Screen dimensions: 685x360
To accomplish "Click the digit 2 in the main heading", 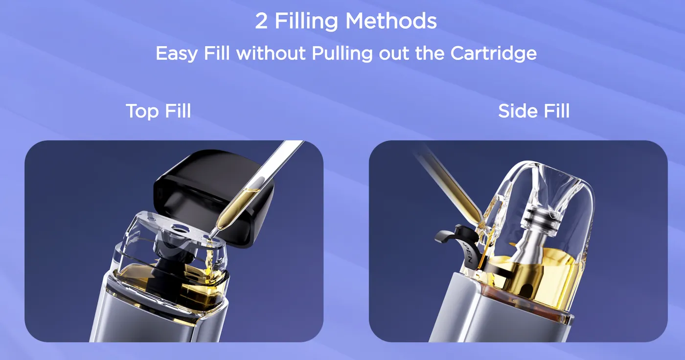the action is (261, 21).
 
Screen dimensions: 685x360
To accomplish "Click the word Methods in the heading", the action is (391, 21).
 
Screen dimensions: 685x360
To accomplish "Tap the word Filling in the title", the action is (306, 22).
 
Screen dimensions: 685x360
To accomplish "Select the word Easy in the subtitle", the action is (177, 54).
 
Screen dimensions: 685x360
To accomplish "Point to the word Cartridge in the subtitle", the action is (494, 54).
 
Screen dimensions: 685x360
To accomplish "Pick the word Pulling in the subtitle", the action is (342, 54).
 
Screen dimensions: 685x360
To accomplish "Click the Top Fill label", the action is (159, 111).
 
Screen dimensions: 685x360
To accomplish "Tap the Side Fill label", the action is (534, 111).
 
